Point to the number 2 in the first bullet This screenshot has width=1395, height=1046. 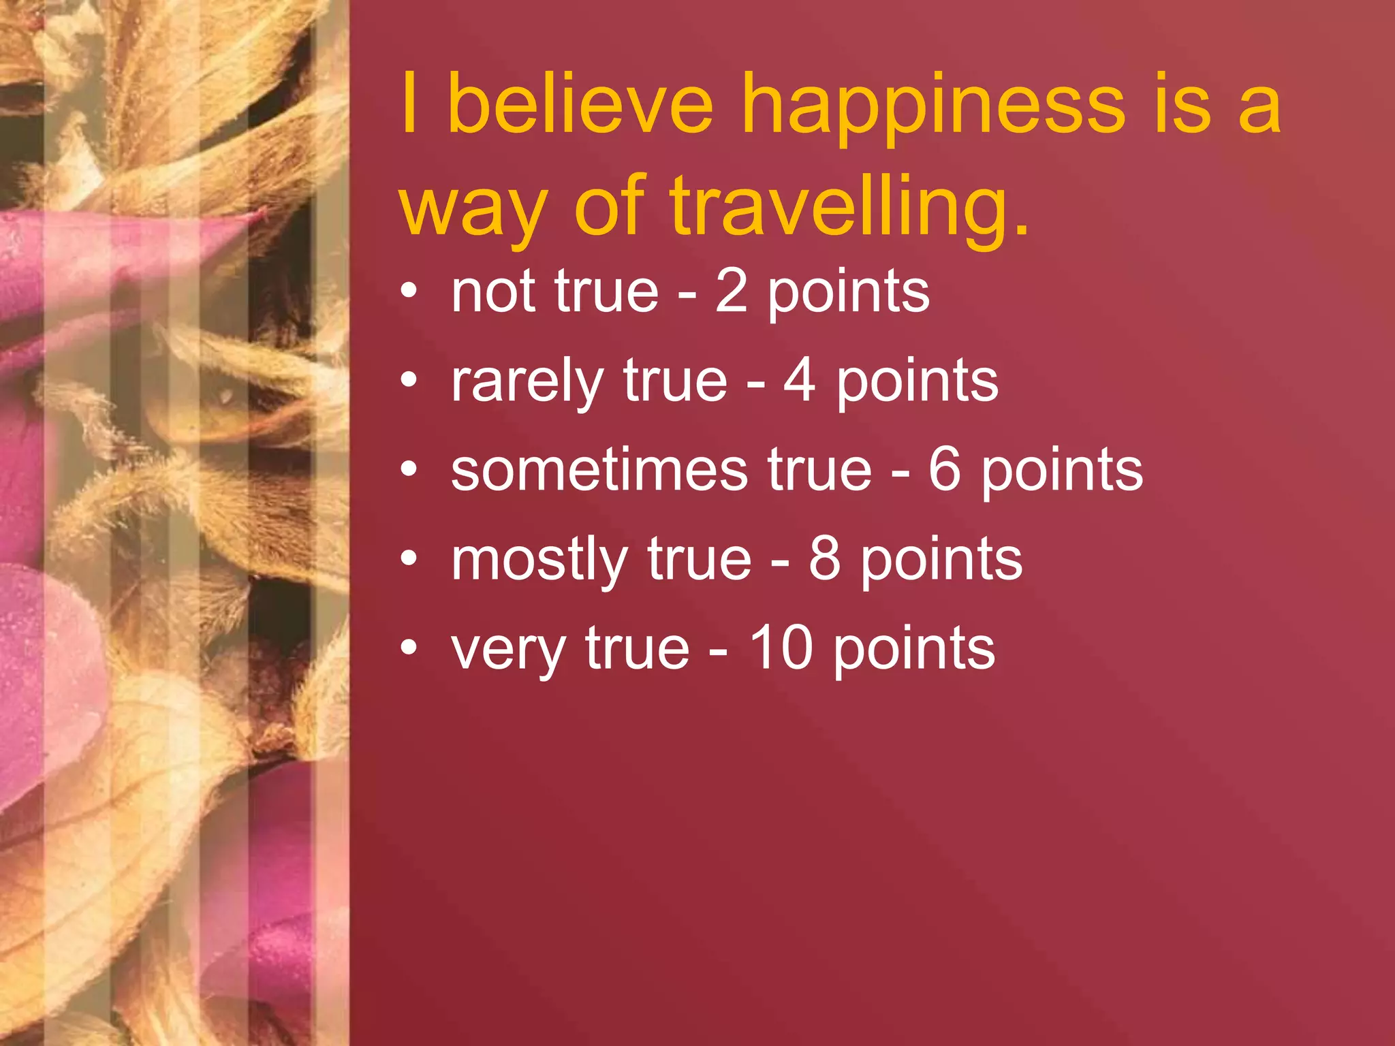pos(731,291)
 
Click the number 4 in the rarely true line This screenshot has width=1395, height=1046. pos(800,381)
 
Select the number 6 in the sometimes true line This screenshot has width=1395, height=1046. pos(945,470)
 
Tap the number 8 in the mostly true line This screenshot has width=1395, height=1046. pos(824,559)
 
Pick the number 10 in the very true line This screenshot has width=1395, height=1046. pos(781,648)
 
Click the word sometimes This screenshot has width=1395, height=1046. pos(599,470)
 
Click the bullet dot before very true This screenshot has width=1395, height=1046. pos(408,649)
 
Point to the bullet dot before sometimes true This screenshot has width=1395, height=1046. pos(408,471)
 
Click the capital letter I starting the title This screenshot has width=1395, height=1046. pos(409,104)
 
